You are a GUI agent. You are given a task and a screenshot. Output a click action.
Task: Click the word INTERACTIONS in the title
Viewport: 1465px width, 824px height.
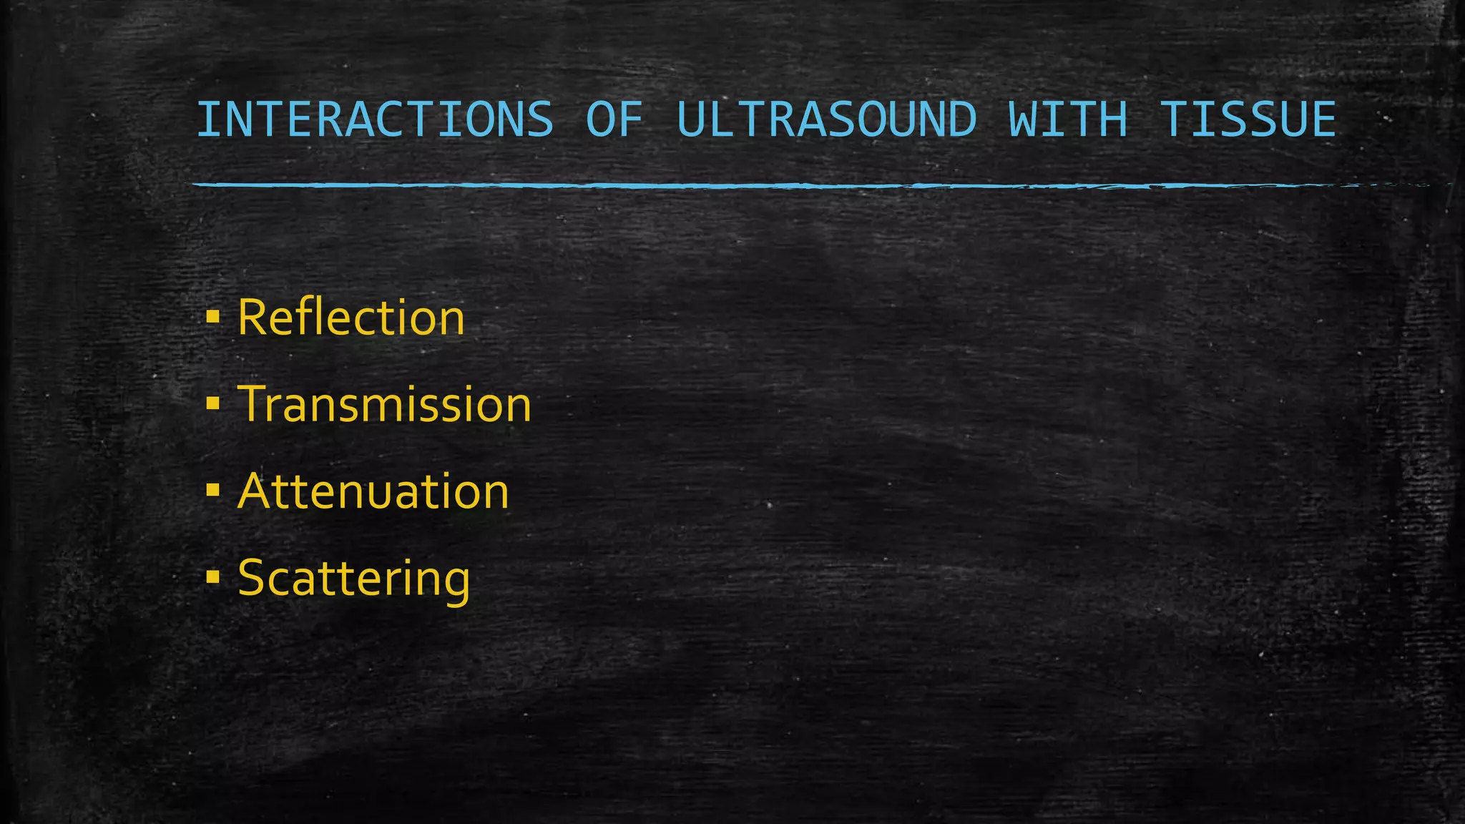click(x=375, y=119)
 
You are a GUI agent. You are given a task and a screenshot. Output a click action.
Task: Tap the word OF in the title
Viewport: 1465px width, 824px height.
click(x=614, y=119)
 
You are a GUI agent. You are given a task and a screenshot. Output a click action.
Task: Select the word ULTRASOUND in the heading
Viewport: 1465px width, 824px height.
click(x=826, y=119)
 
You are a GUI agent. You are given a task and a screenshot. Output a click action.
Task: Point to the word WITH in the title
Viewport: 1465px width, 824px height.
click(x=1067, y=119)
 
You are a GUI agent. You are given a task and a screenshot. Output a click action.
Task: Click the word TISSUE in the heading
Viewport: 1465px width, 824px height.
click(x=1248, y=119)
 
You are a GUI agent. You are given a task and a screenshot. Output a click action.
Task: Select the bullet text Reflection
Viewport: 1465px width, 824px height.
click(x=351, y=318)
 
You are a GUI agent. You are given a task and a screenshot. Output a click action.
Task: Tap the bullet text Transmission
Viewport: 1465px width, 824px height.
click(x=384, y=405)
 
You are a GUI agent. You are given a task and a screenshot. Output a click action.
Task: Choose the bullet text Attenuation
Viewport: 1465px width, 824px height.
click(x=373, y=491)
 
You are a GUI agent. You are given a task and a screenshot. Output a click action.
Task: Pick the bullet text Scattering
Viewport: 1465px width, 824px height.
click(x=353, y=578)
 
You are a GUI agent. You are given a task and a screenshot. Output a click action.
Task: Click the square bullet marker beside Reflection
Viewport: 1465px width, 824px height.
click(x=212, y=317)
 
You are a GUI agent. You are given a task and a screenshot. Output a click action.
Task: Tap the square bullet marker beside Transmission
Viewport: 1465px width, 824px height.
click(x=212, y=404)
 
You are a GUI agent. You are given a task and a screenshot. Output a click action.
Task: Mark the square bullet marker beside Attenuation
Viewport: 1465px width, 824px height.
click(x=212, y=491)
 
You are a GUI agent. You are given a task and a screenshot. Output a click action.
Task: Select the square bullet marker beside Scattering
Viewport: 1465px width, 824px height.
click(x=212, y=577)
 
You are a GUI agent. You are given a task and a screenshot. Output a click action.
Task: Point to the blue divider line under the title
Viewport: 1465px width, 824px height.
click(x=715, y=185)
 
